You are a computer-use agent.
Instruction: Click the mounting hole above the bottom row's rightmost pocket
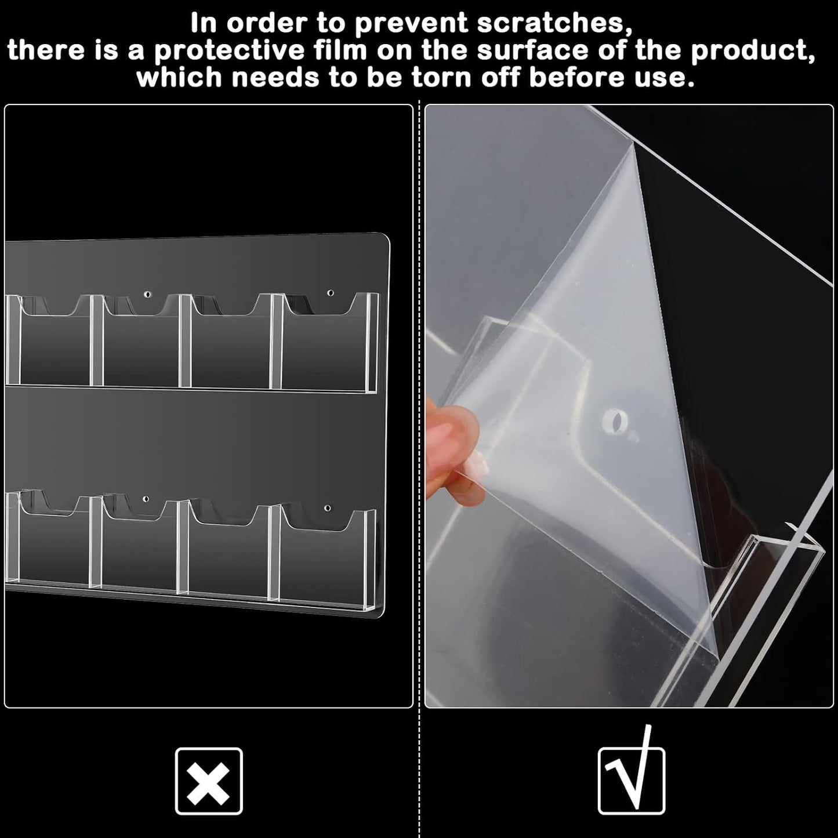pyautogui.click(x=327, y=508)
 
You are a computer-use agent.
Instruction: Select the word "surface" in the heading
pyautogui.click(x=531, y=50)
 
